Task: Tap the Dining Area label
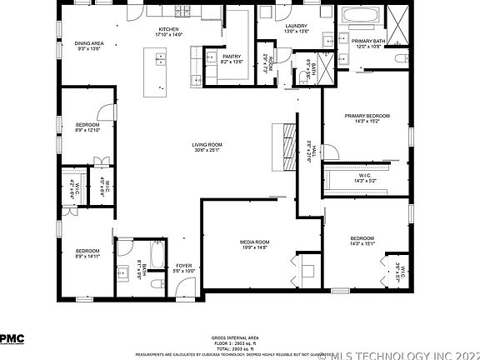point(88,43)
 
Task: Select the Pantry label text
point(231,57)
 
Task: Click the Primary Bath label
point(367,41)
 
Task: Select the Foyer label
point(182,266)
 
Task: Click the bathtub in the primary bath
point(361,16)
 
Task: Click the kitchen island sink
point(161,60)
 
